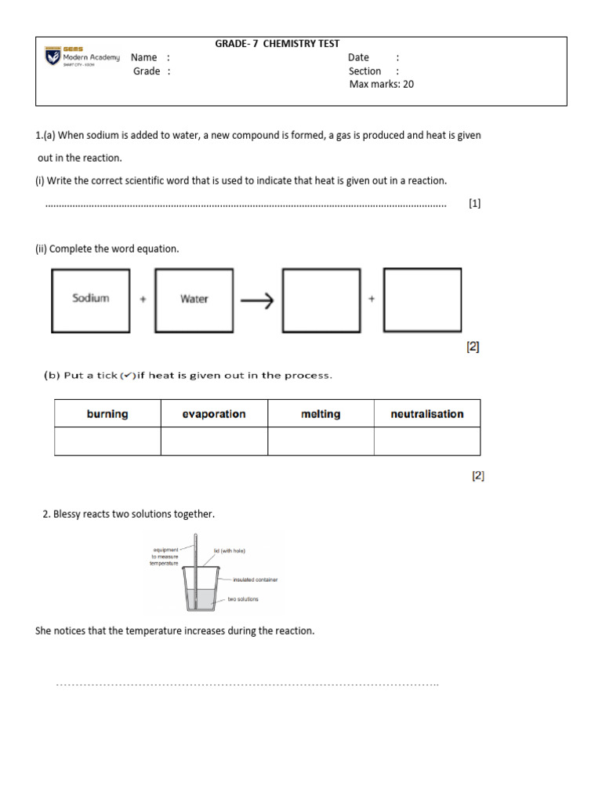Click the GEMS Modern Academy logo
(82, 56)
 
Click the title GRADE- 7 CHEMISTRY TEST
(277, 44)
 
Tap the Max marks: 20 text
(381, 84)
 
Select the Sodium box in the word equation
(91, 299)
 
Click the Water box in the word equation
(194, 299)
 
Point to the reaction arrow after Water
(256, 300)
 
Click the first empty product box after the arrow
(321, 300)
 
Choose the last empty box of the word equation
(422, 300)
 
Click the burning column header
(107, 414)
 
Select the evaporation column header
(214, 414)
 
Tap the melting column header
(321, 414)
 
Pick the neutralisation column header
(427, 414)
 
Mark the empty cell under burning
(107, 441)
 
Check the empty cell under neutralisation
(427, 441)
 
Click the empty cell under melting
(321, 441)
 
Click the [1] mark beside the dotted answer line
(474, 203)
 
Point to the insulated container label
(256, 580)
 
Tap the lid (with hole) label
(230, 551)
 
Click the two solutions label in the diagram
(243, 599)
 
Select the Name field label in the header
(144, 57)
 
